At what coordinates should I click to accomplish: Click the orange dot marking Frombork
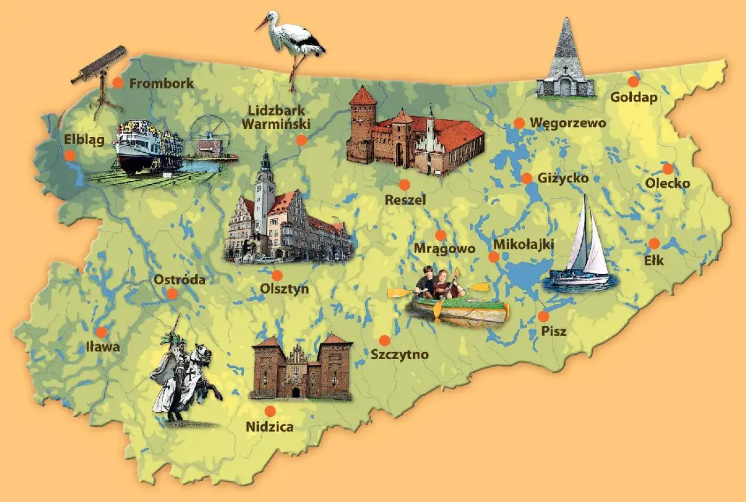(118, 83)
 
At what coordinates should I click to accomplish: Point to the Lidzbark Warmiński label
(276, 117)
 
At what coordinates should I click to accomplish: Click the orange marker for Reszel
(404, 185)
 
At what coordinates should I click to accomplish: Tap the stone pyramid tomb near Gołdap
(564, 61)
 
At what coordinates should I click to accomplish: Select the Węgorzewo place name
(568, 123)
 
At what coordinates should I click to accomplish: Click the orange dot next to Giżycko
(527, 178)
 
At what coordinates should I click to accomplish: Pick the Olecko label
(667, 184)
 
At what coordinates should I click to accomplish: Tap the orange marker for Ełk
(654, 244)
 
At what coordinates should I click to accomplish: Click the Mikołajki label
(523, 244)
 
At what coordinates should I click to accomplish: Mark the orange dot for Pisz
(543, 317)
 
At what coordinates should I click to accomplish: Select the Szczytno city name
(399, 354)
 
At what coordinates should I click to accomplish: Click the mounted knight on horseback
(184, 373)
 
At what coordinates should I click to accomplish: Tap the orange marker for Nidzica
(270, 411)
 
